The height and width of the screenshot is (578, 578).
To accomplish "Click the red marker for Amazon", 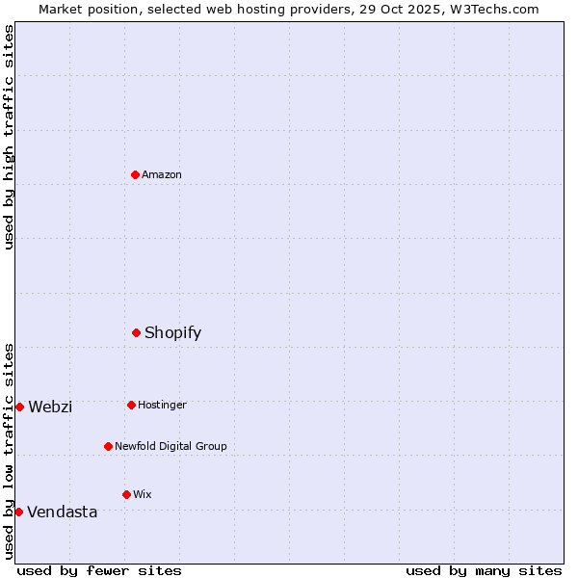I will pyautogui.click(x=136, y=174).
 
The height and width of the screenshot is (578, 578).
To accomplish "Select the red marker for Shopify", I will pyautogui.click(x=137, y=332).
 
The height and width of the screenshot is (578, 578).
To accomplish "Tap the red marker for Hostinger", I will pyautogui.click(x=132, y=405).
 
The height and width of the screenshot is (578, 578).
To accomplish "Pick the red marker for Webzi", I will pyautogui.click(x=19, y=407).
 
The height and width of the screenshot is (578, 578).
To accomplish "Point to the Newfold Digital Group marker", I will pyautogui.click(x=109, y=446).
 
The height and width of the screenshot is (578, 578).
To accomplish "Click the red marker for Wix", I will pyautogui.click(x=126, y=494).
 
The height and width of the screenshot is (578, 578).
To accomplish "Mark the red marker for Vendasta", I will pyautogui.click(x=18, y=512).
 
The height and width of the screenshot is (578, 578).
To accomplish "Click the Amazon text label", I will pyautogui.click(x=162, y=174).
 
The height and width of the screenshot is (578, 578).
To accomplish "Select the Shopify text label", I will pyautogui.click(x=172, y=333).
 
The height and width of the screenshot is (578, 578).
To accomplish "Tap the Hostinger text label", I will pyautogui.click(x=162, y=405).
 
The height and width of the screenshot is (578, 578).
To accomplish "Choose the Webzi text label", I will pyautogui.click(x=50, y=407).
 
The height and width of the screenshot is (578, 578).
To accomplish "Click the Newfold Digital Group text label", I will pyautogui.click(x=171, y=446).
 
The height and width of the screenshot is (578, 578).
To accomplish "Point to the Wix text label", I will pyautogui.click(x=143, y=494).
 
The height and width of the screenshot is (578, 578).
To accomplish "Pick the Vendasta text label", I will pyautogui.click(x=62, y=512).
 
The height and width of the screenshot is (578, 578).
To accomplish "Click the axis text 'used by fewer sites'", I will pyautogui.click(x=99, y=570).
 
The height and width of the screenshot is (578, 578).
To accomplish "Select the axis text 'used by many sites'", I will pyautogui.click(x=484, y=570).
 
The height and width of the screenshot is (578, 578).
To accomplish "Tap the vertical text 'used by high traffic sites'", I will pyautogui.click(x=9, y=137).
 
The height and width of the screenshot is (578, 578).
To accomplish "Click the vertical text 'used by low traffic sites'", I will pyautogui.click(x=9, y=450).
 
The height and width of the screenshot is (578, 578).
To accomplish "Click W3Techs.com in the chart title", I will pyautogui.click(x=492, y=9).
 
